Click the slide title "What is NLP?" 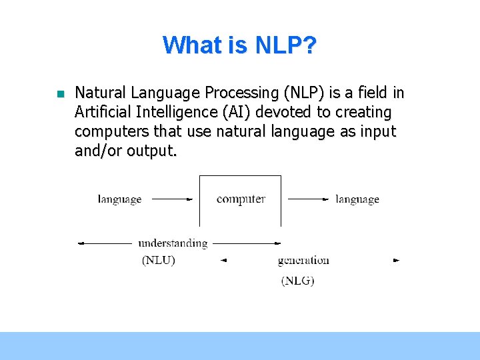(239, 45)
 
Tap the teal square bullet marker (59, 94)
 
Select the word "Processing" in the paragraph (244, 93)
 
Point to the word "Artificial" (104, 112)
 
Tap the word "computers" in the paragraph (109, 131)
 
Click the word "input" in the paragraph (377, 131)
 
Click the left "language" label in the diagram (119, 199)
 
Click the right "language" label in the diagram (357, 199)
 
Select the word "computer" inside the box (241, 199)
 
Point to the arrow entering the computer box (172, 199)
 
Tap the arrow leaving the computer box (308, 199)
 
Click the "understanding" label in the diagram (173, 243)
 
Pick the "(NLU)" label (159, 261)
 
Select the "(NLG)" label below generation (297, 281)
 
